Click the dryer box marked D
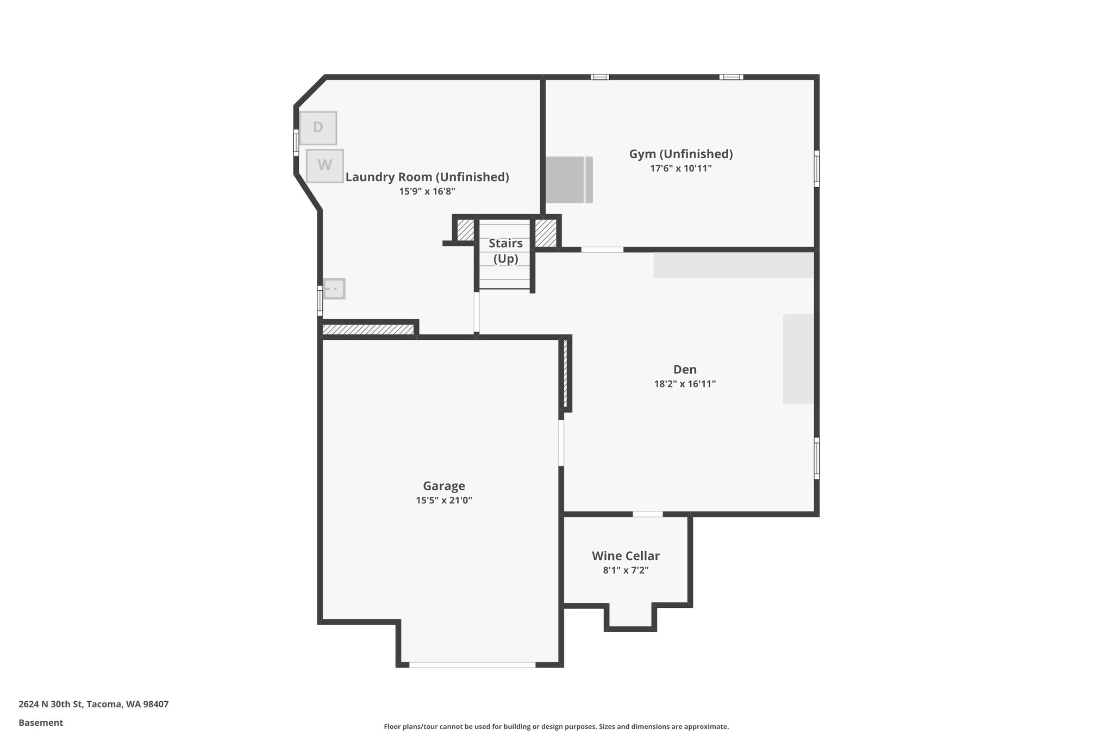tap(318, 128)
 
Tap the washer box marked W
tap(324, 165)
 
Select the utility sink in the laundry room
tap(334, 289)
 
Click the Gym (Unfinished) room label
tap(680, 154)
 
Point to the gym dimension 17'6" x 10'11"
tap(680, 169)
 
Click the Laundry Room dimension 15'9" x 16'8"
tap(427, 191)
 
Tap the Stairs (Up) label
tap(505, 251)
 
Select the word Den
tap(684, 370)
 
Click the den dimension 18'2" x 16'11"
tap(684, 384)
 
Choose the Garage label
tap(443, 486)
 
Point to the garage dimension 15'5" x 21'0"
tap(443, 500)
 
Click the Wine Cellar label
tap(626, 556)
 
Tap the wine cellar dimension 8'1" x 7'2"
tap(626, 570)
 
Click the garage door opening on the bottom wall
tap(472, 664)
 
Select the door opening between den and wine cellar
tap(647, 514)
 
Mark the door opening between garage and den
tap(561, 442)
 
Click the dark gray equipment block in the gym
tap(565, 180)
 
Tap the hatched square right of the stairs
tap(546, 233)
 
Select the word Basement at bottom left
tap(41, 722)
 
